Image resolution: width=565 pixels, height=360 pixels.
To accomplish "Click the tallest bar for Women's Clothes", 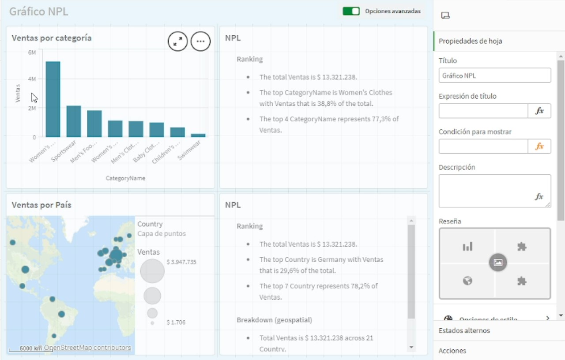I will (53, 99).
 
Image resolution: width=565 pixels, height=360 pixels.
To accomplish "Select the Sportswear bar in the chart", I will (74, 121).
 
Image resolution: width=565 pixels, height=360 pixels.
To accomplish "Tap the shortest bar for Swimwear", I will (198, 135).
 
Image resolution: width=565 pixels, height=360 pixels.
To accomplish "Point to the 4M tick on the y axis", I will (32, 79).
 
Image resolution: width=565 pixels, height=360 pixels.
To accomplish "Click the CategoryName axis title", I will (125, 178).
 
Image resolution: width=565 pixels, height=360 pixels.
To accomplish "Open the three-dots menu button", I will (200, 41).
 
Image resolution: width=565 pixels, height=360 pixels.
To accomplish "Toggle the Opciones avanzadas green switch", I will (351, 11).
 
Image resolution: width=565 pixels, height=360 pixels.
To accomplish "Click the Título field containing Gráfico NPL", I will (494, 75).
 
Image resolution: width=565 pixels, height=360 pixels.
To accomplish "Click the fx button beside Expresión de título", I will (539, 111).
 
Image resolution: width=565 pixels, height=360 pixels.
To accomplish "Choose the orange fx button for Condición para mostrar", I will (539, 146).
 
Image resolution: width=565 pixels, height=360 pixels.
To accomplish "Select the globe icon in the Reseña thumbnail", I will (467, 281).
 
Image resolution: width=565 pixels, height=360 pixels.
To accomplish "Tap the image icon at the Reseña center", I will (498, 262).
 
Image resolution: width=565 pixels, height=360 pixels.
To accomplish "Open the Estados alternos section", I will (464, 330).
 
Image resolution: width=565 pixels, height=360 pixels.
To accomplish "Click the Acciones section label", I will (452, 351).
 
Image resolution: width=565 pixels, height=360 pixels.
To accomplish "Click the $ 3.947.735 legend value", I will (181, 262).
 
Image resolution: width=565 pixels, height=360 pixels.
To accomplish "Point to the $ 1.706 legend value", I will (176, 322).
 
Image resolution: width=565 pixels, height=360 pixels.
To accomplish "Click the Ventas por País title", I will (41, 205).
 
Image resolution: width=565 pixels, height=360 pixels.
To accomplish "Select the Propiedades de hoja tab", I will (470, 41).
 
